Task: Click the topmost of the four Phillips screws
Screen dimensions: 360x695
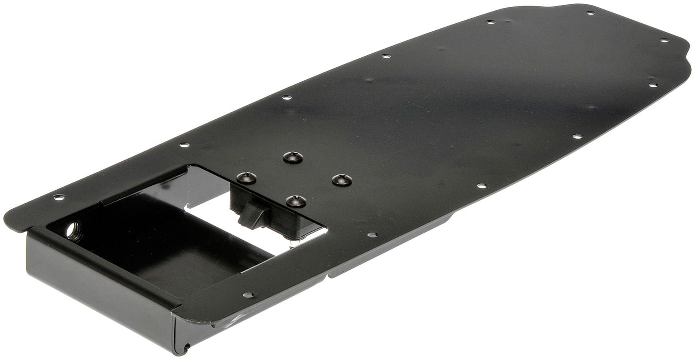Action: [x=292, y=157]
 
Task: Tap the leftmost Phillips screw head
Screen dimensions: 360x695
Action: [x=246, y=178]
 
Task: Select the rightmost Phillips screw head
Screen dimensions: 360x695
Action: [x=341, y=180]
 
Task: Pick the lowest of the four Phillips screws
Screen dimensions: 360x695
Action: [x=296, y=201]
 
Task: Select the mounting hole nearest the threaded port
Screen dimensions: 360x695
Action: [x=59, y=197]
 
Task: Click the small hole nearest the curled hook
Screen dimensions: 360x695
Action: [x=248, y=295]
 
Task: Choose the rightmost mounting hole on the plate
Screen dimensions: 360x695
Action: [x=664, y=40]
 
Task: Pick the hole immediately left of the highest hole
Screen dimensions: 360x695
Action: [x=490, y=22]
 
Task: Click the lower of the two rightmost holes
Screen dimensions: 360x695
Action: [x=653, y=85]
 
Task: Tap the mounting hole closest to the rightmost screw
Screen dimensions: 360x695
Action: [x=372, y=235]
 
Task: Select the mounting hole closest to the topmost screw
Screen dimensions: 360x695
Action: [x=287, y=97]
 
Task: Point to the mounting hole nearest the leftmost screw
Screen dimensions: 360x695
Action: [x=184, y=144]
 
